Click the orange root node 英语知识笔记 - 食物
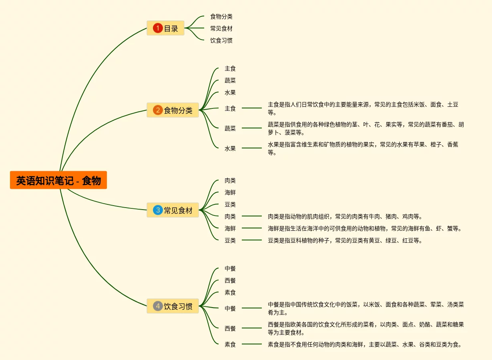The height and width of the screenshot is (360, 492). coord(58,180)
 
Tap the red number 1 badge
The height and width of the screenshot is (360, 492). coord(158,28)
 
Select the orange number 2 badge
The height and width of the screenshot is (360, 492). coord(158,110)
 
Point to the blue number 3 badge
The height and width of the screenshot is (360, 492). coord(158,210)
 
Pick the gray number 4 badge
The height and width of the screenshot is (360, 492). coord(158,306)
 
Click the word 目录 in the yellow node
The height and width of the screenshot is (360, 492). coord(171,28)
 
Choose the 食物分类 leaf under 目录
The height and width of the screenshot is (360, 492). coord(221,16)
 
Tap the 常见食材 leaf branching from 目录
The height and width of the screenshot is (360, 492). coord(221,28)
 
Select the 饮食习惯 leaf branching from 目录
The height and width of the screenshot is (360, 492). coord(221,40)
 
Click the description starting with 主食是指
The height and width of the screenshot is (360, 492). coord(363,108)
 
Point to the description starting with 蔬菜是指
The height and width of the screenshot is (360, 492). coord(365,128)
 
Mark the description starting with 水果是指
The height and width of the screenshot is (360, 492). coord(363,148)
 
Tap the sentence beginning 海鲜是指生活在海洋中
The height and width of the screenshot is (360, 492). coord(364,229)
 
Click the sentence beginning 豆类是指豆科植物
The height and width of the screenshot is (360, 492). coord(345,241)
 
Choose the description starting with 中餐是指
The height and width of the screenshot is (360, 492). coord(365,308)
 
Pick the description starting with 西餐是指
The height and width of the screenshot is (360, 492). coord(365,328)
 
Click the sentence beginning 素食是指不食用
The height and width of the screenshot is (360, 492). coord(364,344)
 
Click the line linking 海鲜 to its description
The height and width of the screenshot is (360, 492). coord(251,228)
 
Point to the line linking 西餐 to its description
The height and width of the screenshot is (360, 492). coord(251,328)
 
